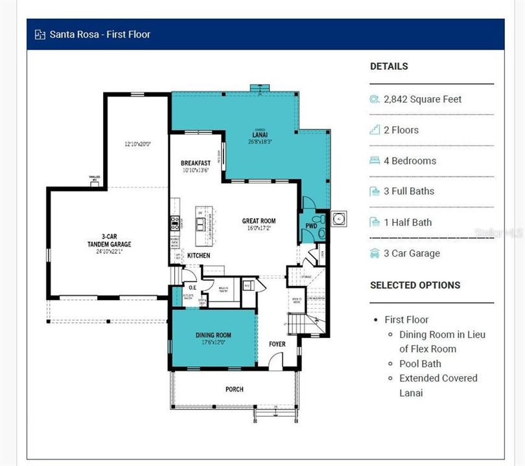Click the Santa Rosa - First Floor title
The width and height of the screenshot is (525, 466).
point(100,34)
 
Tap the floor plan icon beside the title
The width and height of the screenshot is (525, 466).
point(40,34)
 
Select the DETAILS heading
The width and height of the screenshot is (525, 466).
point(389,66)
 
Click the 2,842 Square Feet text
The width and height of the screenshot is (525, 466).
point(423,99)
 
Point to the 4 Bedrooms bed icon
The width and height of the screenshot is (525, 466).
point(375,161)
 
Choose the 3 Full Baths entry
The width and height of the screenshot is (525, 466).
point(408,191)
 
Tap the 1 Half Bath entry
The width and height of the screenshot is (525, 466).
point(407,222)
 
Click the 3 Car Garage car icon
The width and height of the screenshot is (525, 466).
point(375,253)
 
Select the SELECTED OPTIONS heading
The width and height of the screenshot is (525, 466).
point(415,285)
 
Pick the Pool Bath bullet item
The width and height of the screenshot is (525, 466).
point(420,364)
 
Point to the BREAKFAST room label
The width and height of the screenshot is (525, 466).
point(196,163)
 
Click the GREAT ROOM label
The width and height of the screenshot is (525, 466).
point(259,221)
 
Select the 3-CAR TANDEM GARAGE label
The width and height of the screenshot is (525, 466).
point(109,240)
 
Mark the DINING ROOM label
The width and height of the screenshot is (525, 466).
point(213,335)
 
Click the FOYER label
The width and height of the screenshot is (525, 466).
point(277,344)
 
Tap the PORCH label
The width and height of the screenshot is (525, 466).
point(234,389)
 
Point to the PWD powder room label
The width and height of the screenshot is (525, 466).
point(311,227)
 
